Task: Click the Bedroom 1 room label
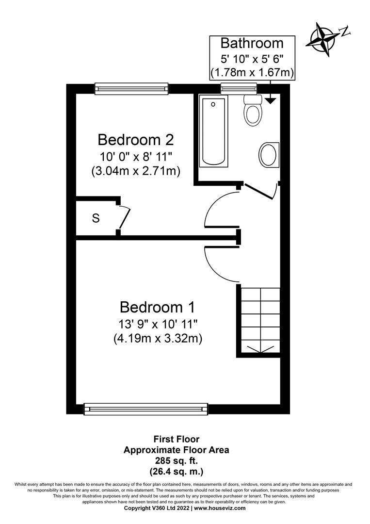click(158, 308)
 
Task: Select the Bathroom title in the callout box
click(252, 43)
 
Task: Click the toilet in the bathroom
click(253, 110)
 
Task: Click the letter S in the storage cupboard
click(96, 218)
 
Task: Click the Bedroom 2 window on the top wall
click(131, 88)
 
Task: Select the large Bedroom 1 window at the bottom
click(146, 409)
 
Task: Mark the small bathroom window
click(238, 88)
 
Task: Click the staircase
click(259, 320)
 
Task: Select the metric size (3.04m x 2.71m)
click(136, 171)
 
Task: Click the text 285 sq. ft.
click(176, 460)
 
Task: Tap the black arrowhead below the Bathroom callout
click(270, 100)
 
